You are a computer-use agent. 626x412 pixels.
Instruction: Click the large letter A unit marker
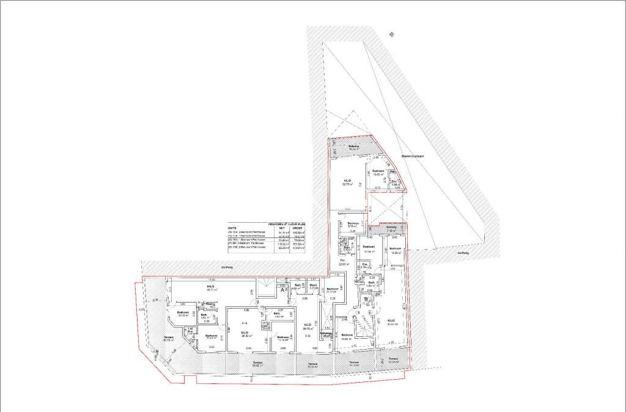click(x=283, y=291)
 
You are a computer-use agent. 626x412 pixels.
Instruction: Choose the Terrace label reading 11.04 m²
click(x=393, y=360)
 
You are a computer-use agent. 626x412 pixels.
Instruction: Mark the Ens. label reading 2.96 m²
click(x=395, y=182)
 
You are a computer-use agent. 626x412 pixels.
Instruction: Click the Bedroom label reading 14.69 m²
click(x=347, y=336)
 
